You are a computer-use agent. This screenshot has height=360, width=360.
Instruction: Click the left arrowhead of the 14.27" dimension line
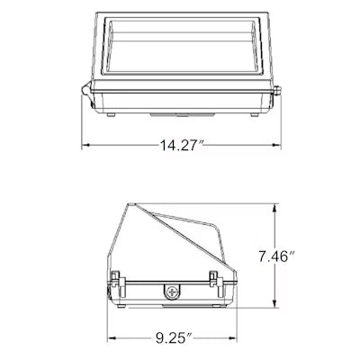point(86,145)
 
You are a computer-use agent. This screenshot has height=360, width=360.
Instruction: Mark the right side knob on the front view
point(279,89)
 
